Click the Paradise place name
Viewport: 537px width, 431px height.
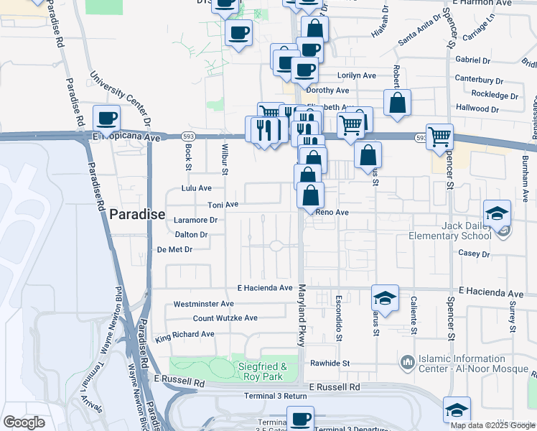(x=137, y=214)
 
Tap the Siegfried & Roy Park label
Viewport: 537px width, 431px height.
(x=262, y=371)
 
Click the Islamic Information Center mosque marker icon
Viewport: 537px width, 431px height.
(x=407, y=361)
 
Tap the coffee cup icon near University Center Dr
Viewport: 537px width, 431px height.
(x=107, y=117)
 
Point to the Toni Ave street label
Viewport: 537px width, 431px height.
(x=223, y=205)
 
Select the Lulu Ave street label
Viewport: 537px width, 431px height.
(x=196, y=187)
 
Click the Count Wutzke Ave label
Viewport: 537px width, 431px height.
(x=225, y=318)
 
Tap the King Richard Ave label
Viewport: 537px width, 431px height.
(x=185, y=335)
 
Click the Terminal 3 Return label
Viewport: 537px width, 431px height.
(x=275, y=396)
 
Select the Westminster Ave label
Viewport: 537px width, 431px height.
(x=202, y=304)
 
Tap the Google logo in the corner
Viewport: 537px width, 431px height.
(x=24, y=422)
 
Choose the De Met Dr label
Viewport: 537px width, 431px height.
(x=174, y=250)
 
